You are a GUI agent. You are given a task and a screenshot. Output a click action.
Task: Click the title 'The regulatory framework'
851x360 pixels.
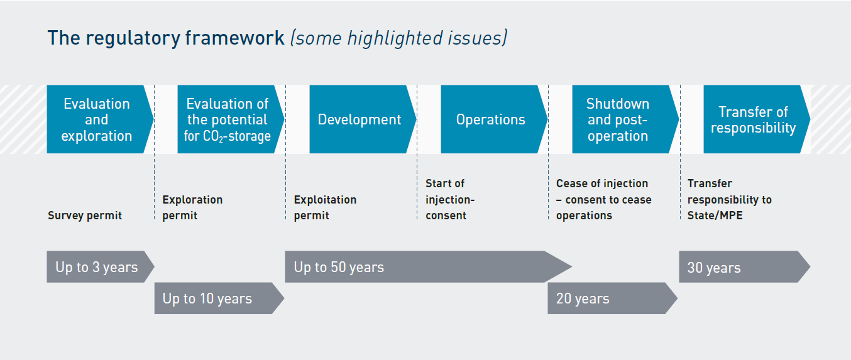(166, 38)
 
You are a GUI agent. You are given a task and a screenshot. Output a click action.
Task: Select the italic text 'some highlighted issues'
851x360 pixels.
(398, 38)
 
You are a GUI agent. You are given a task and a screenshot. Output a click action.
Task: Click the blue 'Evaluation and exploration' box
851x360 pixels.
(97, 119)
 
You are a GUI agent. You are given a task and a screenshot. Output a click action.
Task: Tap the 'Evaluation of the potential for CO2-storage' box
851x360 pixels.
(228, 119)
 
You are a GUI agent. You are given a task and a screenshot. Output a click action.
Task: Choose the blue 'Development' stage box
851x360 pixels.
(360, 119)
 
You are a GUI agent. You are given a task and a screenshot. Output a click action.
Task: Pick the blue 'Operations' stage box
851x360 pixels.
(491, 119)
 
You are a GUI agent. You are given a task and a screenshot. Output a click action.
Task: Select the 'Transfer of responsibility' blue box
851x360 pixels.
(753, 119)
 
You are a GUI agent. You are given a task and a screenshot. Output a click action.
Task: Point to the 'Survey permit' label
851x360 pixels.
(85, 215)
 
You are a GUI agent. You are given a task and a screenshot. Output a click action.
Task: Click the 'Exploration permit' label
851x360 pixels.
(192, 207)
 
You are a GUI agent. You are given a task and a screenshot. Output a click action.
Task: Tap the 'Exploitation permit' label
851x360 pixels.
(325, 207)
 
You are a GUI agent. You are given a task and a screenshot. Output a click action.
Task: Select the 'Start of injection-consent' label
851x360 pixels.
(450, 199)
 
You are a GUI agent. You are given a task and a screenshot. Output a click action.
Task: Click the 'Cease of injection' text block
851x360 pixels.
(603, 199)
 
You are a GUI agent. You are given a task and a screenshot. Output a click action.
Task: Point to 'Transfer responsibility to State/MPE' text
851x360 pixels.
(729, 199)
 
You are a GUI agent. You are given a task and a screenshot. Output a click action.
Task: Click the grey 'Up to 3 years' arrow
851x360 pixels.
(97, 267)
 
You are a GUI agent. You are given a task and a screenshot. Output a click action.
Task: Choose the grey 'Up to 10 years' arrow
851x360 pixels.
(214, 298)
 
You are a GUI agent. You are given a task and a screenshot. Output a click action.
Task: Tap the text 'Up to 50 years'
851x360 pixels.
(339, 267)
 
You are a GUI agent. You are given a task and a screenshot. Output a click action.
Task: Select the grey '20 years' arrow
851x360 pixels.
(607, 298)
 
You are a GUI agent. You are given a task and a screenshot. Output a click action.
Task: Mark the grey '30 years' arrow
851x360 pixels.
(738, 267)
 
